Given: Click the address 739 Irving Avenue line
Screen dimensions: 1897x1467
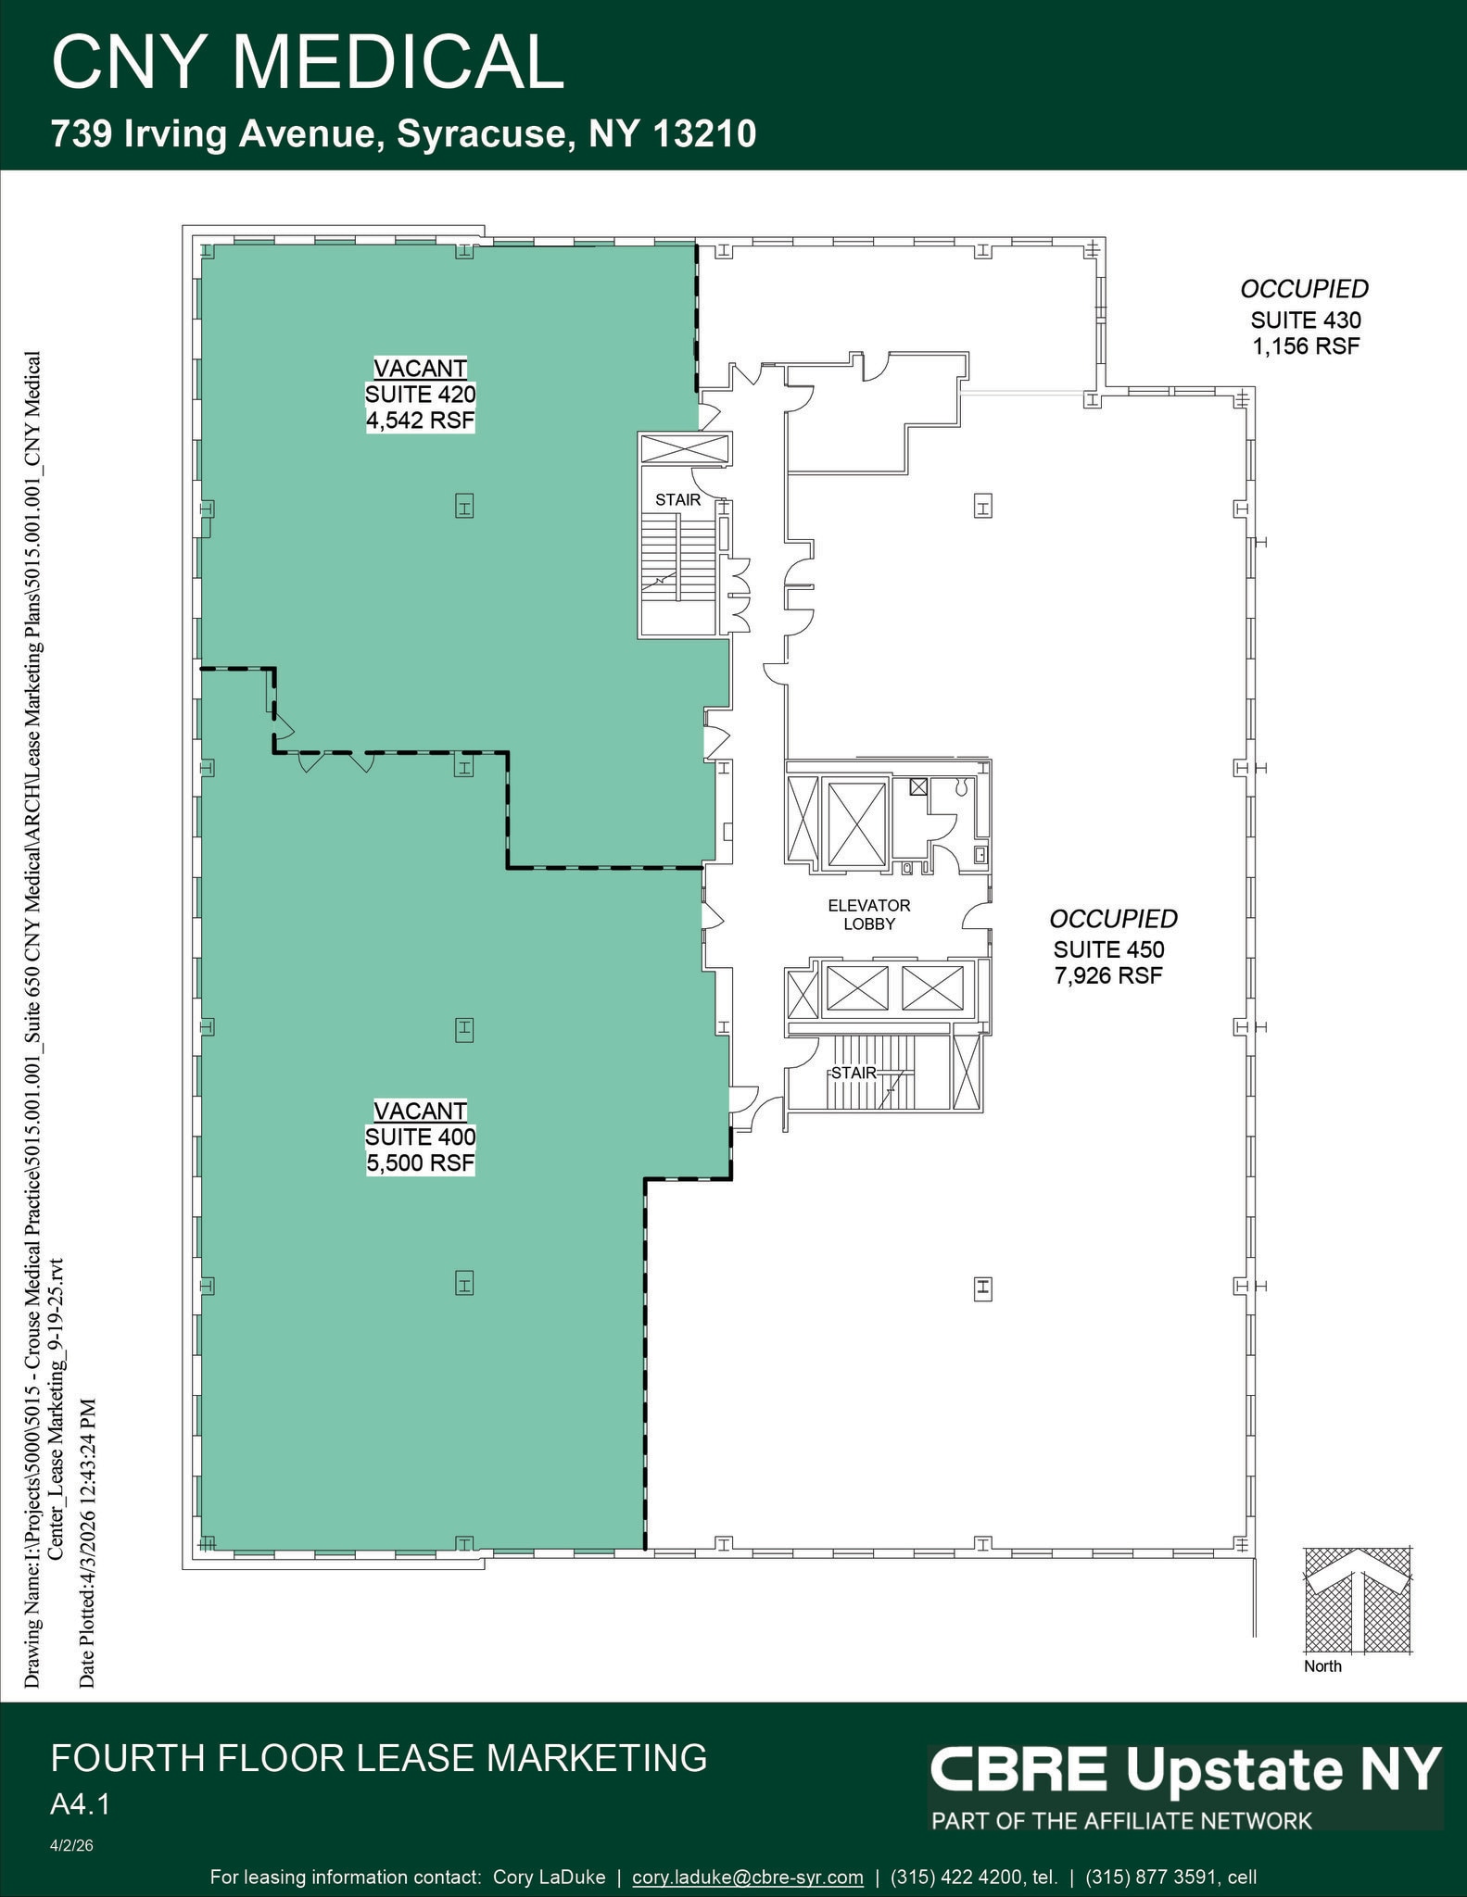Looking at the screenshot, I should coord(403,134).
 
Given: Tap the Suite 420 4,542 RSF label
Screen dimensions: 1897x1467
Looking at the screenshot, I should coord(420,395).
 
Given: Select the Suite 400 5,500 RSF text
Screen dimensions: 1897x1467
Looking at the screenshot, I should coord(420,1137).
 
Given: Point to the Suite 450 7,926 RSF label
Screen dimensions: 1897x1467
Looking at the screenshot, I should coord(1108,948).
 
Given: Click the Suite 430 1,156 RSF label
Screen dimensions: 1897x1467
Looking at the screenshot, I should coord(1305,320).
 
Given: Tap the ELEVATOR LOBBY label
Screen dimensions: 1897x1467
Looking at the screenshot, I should coord(868,914).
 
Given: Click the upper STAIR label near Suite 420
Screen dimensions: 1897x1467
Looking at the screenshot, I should coord(677,500).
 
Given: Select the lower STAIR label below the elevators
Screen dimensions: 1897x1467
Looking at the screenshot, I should coord(853,1073).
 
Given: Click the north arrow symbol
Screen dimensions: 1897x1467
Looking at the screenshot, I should coord(1358,1600).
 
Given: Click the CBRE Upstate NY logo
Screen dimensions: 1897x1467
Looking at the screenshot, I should coord(1184,1770).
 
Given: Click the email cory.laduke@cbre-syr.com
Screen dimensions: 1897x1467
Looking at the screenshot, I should coord(747,1878).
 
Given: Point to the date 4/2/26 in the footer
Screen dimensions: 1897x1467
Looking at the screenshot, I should coord(71,1846).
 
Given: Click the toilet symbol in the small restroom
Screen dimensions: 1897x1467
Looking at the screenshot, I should coord(961,787).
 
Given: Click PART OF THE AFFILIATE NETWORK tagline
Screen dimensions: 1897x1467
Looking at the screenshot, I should coord(1121,1821).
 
